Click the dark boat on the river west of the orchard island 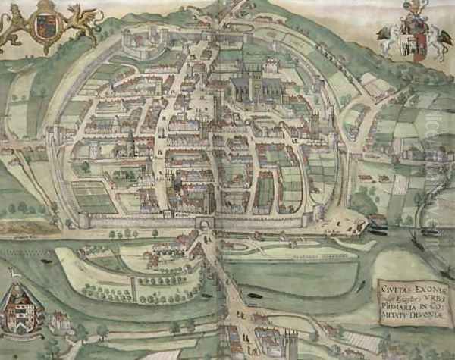pos(45,261)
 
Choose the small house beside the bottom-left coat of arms pos(59,322)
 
